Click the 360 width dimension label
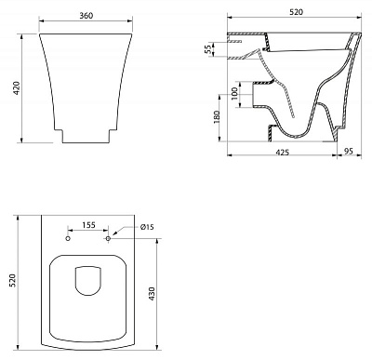[x=86, y=16]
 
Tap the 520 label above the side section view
[x=296, y=12]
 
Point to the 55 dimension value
[x=210, y=49]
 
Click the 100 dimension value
[x=234, y=93]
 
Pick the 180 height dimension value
[x=217, y=116]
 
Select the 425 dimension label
[x=282, y=153]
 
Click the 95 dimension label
[x=349, y=152]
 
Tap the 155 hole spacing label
[x=88, y=225]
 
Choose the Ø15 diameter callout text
[x=147, y=227]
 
